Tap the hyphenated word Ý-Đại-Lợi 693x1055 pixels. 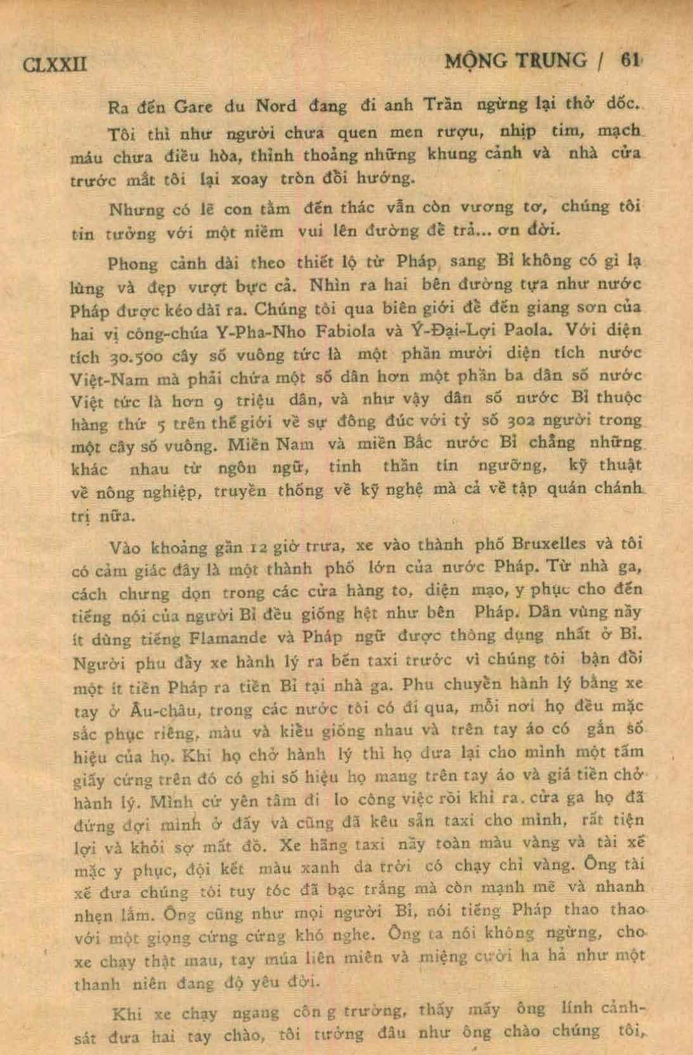(454, 330)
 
